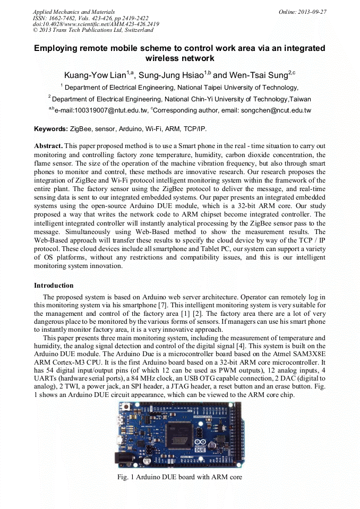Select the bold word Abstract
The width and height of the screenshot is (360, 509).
click(48, 145)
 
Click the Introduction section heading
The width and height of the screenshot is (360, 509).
click(54, 286)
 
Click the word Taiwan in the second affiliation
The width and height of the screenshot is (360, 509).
click(299, 99)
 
